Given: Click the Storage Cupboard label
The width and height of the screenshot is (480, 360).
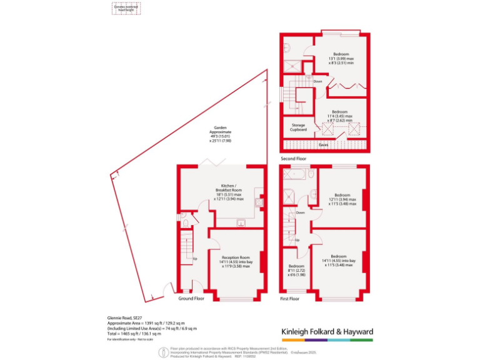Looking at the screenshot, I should tap(299, 127).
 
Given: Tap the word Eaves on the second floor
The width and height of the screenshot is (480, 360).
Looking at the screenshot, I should tap(323, 145).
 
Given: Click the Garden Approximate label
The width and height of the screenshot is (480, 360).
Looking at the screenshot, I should tap(219, 134).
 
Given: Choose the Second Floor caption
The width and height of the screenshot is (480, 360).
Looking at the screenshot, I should tap(296, 159).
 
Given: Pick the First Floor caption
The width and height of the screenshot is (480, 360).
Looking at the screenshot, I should tap(289, 299).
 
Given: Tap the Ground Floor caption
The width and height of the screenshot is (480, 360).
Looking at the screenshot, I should tap(191, 299).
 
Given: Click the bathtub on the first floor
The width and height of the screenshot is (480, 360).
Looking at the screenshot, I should tap(297, 172).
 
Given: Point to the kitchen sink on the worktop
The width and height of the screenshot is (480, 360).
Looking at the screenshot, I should tap(240, 221).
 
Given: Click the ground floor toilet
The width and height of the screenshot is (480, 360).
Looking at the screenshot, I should tap(186, 222).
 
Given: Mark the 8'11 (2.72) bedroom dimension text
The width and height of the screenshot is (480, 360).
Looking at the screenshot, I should tap(296, 271).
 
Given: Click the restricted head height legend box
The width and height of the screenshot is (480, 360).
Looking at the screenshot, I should tap(127, 7).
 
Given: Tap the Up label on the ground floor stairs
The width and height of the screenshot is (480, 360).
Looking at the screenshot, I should tap(195, 259).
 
